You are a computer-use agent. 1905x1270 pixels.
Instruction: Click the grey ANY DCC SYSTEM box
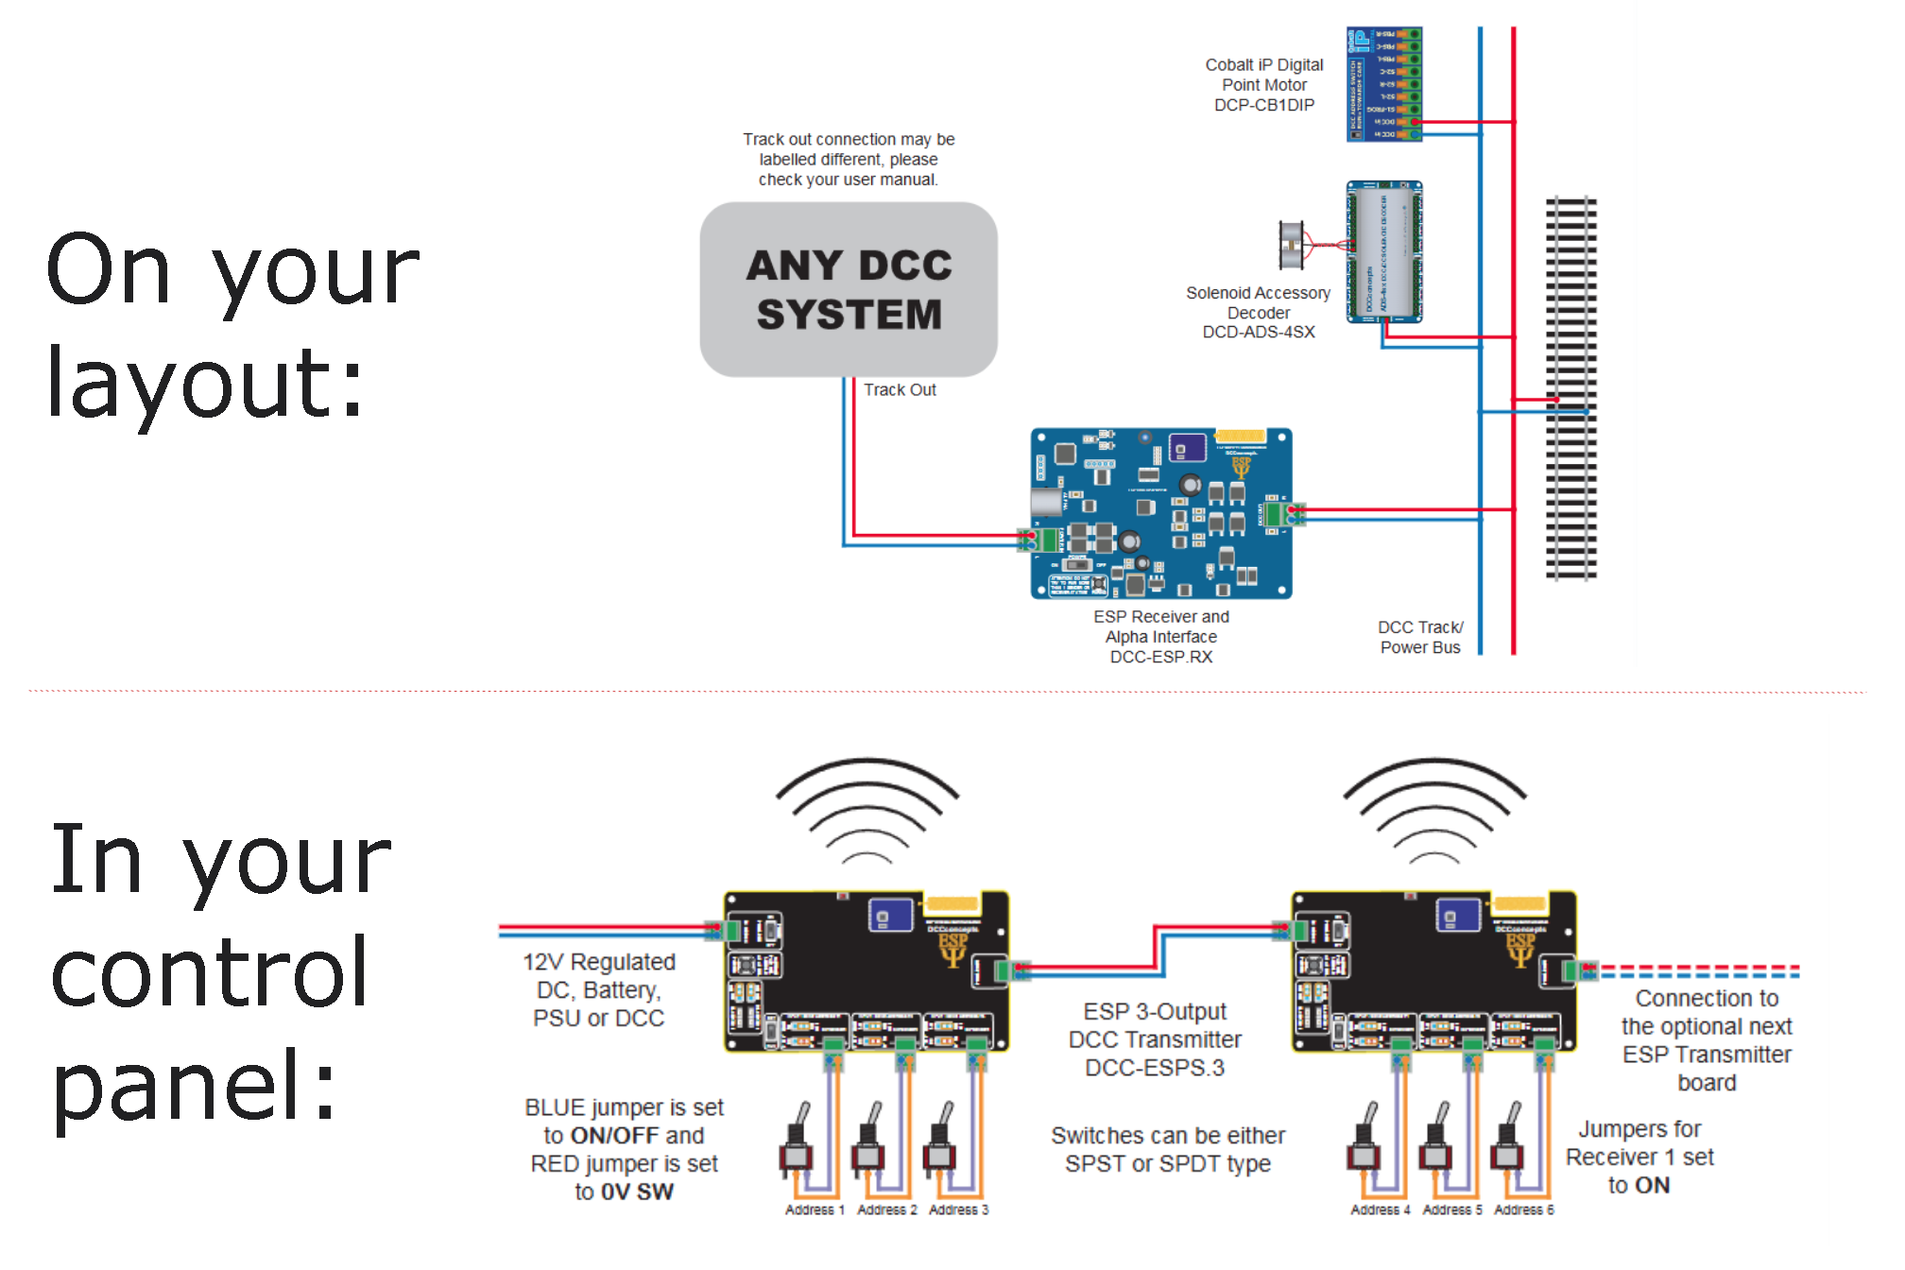point(848,289)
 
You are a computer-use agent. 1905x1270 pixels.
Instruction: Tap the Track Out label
point(899,389)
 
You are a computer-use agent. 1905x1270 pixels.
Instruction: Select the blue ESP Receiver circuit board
point(1160,513)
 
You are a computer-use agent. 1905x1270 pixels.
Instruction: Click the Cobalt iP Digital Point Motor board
point(1383,84)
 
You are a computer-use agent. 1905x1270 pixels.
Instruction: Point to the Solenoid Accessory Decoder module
point(1383,251)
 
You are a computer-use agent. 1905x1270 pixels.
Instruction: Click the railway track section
point(1570,387)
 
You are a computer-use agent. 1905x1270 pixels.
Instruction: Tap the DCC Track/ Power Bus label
point(1419,637)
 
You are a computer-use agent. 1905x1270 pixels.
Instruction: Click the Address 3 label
point(958,1210)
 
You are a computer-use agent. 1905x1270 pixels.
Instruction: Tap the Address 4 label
point(1380,1210)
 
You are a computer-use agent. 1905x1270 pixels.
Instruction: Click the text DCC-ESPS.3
point(1155,1068)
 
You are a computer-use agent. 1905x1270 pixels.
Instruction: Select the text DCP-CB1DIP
point(1263,105)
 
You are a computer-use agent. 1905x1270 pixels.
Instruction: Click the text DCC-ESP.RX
point(1160,657)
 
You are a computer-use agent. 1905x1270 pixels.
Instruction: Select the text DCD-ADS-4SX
point(1258,332)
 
